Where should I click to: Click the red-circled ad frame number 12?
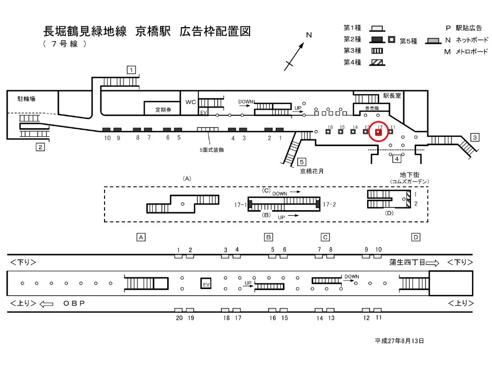(x=379, y=132)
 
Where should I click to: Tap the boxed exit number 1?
(x=132, y=70)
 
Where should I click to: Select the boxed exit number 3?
(x=475, y=137)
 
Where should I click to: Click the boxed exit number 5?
(x=302, y=162)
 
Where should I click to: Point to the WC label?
(x=191, y=102)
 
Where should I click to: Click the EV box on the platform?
(x=206, y=284)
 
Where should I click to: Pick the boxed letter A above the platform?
(x=141, y=237)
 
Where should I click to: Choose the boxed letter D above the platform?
(x=416, y=237)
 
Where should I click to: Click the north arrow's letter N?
(x=309, y=35)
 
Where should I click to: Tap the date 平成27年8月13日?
(x=399, y=341)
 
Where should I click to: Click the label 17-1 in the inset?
(x=240, y=204)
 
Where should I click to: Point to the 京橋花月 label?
(x=312, y=171)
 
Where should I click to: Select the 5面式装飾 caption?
(x=212, y=150)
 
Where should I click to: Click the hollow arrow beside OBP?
(x=47, y=303)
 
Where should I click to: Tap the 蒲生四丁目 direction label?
(x=407, y=262)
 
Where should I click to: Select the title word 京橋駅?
(x=153, y=31)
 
